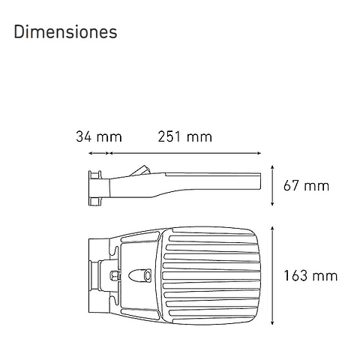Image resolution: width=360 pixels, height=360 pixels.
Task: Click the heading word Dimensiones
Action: (64, 33)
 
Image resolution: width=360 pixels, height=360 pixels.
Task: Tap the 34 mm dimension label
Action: (98, 136)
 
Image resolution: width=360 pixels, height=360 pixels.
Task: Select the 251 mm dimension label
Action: (184, 136)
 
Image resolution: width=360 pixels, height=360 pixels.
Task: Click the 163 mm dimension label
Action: (310, 275)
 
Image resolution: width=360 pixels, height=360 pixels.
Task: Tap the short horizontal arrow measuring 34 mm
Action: (100, 153)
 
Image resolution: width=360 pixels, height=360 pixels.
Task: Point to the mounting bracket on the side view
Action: (95, 187)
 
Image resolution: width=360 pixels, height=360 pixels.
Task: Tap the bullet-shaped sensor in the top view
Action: (141, 275)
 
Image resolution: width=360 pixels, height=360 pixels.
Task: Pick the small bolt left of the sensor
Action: (116, 275)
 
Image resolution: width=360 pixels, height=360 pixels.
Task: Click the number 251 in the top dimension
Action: (170, 136)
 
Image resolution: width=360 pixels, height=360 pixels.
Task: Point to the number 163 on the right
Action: (297, 275)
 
